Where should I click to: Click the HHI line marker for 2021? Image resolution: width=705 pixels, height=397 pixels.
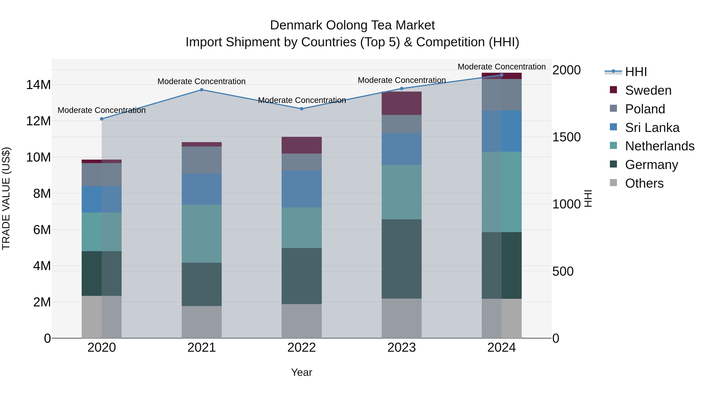[x=202, y=90]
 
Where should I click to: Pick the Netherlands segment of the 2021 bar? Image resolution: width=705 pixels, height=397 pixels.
[x=202, y=233]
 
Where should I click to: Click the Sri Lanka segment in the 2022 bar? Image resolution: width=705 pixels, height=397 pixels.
[x=302, y=189]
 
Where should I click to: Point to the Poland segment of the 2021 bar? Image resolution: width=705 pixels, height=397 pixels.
[x=202, y=160]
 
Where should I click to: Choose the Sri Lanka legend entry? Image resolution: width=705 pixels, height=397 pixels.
[x=652, y=128]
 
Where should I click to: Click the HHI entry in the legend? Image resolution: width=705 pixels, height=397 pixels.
[x=636, y=72]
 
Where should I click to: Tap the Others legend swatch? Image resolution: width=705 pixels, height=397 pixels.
[x=613, y=183]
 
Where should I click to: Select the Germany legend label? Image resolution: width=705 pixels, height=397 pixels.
[x=651, y=165]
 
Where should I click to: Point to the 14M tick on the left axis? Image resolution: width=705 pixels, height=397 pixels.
[x=38, y=85]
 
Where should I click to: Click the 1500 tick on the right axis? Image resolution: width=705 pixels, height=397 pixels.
[x=566, y=137]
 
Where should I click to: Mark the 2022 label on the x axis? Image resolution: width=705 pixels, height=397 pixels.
[x=302, y=347]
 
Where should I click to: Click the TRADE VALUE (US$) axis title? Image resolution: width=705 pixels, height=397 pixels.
[x=6, y=198]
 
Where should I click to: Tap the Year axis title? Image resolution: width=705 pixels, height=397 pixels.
[x=302, y=372]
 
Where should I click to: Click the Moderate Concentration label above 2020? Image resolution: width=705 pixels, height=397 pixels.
[x=101, y=110]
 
